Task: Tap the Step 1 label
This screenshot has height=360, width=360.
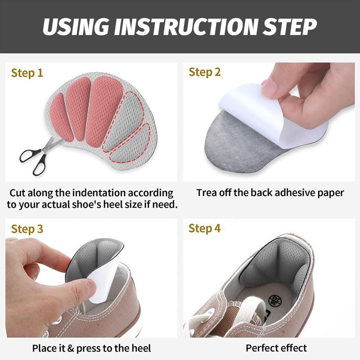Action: click(27, 73)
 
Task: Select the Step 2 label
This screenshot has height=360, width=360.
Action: click(205, 72)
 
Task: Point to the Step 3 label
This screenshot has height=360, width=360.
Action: click(27, 229)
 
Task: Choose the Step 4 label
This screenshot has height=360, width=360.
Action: click(204, 229)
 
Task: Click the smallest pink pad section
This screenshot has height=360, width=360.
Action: click(61, 117)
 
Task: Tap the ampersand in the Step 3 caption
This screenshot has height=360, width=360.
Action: click(71, 348)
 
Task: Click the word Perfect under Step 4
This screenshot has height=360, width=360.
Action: click(260, 348)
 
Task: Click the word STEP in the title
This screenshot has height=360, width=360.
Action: click(290, 27)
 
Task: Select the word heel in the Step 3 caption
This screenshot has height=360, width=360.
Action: click(141, 348)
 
